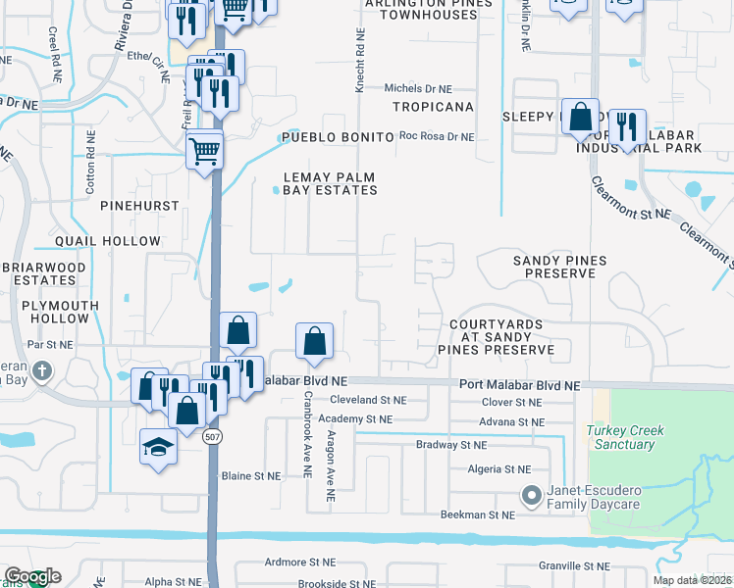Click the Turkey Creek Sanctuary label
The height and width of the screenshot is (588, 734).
621,437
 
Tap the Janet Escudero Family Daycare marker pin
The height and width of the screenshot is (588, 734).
531,496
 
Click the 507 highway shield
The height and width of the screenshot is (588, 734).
212,438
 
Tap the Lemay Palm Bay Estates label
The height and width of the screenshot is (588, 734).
330,183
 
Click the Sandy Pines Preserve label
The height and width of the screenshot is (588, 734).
560,267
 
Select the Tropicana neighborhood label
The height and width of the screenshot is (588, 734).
433,107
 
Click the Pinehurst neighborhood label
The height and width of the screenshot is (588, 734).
139,207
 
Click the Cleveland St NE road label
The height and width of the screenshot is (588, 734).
368,400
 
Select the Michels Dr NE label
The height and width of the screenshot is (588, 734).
417,88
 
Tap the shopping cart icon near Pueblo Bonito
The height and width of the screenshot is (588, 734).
204,151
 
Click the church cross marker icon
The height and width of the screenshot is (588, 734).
41,371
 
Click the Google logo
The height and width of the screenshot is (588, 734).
32,577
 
